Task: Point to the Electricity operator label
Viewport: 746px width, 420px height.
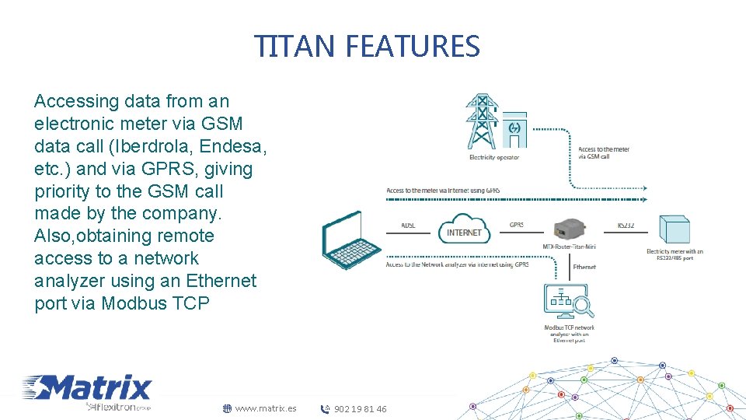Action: (493, 158)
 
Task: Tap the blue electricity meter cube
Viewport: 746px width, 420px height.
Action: (674, 230)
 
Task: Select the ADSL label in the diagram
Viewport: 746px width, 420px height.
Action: (408, 226)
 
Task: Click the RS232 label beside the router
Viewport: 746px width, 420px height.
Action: (626, 226)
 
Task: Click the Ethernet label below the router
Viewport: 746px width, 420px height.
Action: (584, 267)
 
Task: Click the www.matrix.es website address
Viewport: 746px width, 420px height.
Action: (265, 408)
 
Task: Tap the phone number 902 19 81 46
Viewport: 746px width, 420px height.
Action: (360, 409)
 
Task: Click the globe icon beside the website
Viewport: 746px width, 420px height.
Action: (227, 408)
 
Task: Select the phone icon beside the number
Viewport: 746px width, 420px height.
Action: (326, 409)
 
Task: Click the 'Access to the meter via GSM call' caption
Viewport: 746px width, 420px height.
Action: (604, 152)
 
